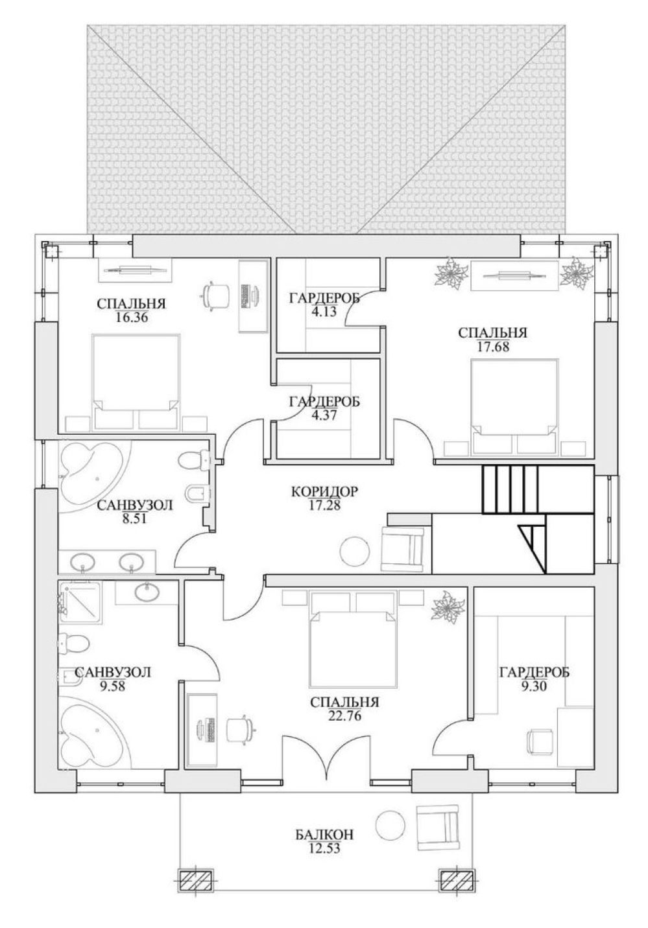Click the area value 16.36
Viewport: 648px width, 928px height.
(x=130, y=318)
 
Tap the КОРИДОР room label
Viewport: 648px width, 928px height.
(x=324, y=492)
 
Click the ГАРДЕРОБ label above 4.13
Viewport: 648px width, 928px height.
(x=324, y=298)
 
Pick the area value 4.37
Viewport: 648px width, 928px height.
(x=324, y=415)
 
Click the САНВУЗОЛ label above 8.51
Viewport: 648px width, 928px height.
(x=134, y=505)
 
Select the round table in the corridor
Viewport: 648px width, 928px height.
(x=355, y=550)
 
